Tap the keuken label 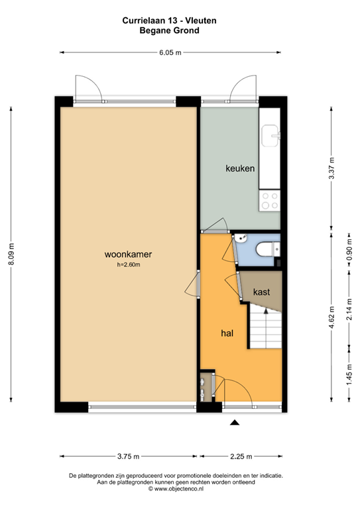click(x=240, y=169)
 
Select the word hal click(x=228, y=333)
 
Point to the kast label click(x=261, y=292)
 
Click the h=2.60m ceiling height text click(x=129, y=265)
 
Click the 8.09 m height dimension click(x=11, y=254)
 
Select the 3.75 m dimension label click(x=128, y=456)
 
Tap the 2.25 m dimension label click(x=241, y=456)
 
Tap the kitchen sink click(x=271, y=136)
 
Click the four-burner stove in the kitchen click(x=270, y=201)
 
